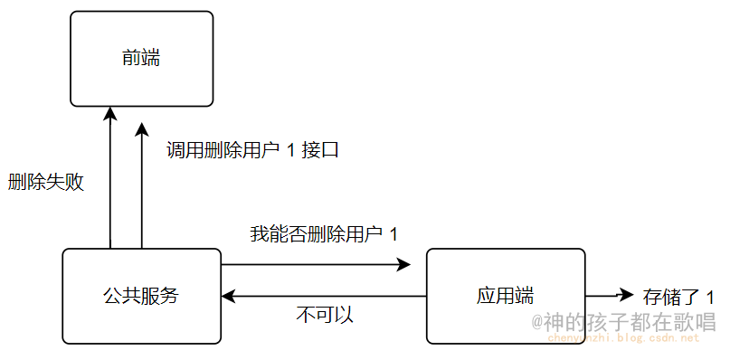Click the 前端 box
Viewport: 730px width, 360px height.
[x=142, y=58]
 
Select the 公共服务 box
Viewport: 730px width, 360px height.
[x=141, y=296]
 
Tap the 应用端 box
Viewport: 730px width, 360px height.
[x=505, y=296]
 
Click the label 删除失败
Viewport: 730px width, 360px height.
[x=45, y=182]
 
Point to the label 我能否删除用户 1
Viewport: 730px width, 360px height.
[x=323, y=234]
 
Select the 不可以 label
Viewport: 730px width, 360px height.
[x=324, y=316]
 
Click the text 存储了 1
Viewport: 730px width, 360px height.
[x=678, y=297]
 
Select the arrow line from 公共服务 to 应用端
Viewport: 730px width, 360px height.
[x=308, y=265]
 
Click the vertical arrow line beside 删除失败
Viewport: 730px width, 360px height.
[x=109, y=181]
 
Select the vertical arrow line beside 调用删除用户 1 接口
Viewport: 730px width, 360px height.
[x=142, y=190]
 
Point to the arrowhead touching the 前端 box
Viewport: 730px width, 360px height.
[x=109, y=114]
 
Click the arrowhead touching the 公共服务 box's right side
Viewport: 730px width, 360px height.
[x=230, y=296]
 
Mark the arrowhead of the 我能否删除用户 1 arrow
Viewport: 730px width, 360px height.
[x=403, y=265]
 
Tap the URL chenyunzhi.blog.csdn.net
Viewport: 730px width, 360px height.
[x=625, y=338]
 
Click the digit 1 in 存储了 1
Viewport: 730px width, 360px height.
[x=709, y=297]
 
